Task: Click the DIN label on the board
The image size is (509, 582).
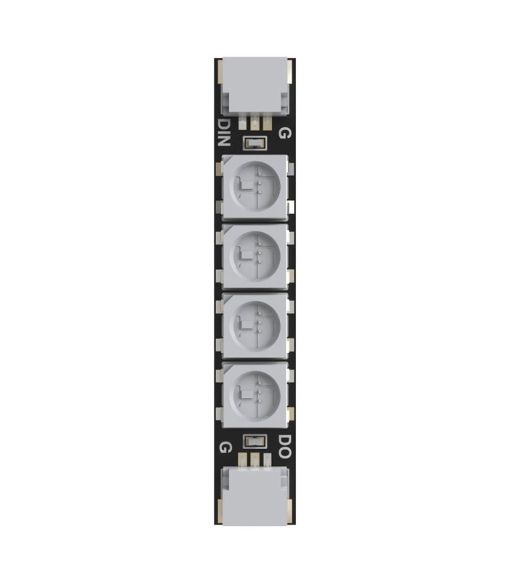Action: [x=224, y=132]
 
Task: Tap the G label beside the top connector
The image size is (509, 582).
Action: [x=285, y=133]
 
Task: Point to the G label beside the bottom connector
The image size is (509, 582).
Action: [x=224, y=446]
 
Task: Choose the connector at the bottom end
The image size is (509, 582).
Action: [x=254, y=495]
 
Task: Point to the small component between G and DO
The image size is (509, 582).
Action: [x=254, y=441]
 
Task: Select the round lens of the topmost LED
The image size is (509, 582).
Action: [x=254, y=186]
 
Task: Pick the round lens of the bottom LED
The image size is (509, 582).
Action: [x=254, y=394]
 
